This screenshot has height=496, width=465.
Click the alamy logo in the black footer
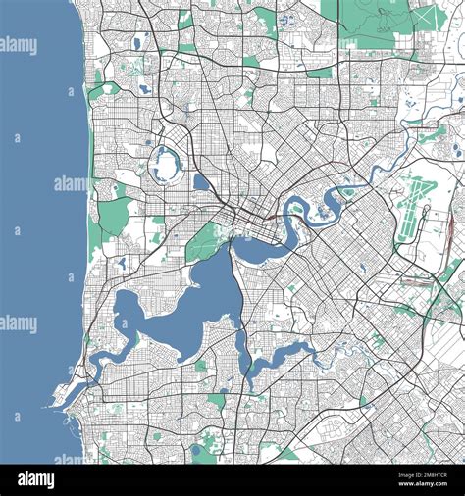35,479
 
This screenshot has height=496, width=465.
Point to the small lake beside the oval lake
201,181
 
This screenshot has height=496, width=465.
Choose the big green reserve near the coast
114,215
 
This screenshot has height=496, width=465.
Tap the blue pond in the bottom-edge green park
196,450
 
